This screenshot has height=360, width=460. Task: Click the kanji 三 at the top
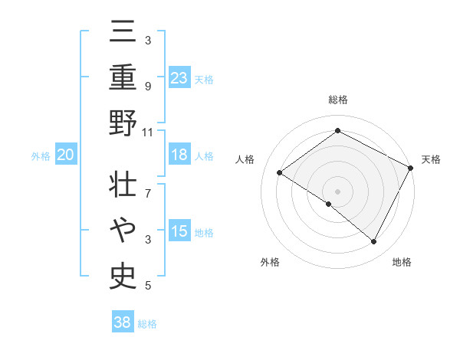pyautogui.click(x=123, y=32)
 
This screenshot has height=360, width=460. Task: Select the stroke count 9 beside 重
pyautogui.click(x=148, y=86)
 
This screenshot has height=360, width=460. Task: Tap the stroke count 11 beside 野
pyautogui.click(x=148, y=132)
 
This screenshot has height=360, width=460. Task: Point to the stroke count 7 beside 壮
pyautogui.click(x=148, y=185)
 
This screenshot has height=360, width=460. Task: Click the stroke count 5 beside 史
pyautogui.click(x=148, y=286)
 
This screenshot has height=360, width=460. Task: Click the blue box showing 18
pyautogui.click(x=179, y=155)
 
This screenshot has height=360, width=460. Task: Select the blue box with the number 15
pyautogui.click(x=179, y=231)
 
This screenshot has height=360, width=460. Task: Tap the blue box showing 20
pyautogui.click(x=65, y=155)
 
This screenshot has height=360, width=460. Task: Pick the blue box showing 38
pyautogui.click(x=123, y=322)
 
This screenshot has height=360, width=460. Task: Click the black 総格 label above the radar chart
pyautogui.click(x=337, y=100)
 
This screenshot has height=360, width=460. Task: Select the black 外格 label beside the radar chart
pyautogui.click(x=269, y=262)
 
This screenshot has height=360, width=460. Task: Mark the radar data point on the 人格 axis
pyautogui.click(x=280, y=173)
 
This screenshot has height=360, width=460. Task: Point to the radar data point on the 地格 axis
pyautogui.click(x=374, y=242)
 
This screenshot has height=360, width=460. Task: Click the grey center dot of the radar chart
pyautogui.click(x=337, y=191)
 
